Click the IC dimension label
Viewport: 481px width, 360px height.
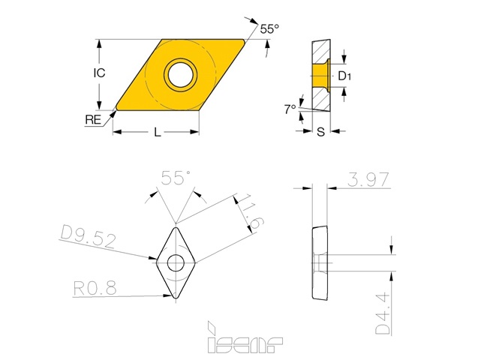coord(99,73)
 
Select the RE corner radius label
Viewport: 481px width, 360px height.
coord(93,119)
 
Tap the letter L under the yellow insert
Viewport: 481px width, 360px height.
coord(158,132)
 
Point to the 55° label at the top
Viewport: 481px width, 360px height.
coord(269,28)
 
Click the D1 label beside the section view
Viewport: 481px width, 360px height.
coord(344,76)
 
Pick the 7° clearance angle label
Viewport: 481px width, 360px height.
coord(290,109)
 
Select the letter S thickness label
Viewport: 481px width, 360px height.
coord(320,132)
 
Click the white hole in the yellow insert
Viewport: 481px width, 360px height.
coord(181,74)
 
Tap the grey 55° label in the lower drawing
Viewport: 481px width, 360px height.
coord(176,178)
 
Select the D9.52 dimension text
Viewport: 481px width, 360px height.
coord(89,236)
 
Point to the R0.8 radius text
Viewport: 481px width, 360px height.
coord(95,288)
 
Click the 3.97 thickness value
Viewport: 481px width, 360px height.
coord(368,180)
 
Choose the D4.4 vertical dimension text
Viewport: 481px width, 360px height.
coord(383,313)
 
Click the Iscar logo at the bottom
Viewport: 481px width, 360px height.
coord(245,337)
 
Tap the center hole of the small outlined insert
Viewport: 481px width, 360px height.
coord(176,262)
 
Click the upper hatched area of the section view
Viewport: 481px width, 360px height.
coord(321,52)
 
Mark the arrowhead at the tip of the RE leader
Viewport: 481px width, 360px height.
coord(114,113)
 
